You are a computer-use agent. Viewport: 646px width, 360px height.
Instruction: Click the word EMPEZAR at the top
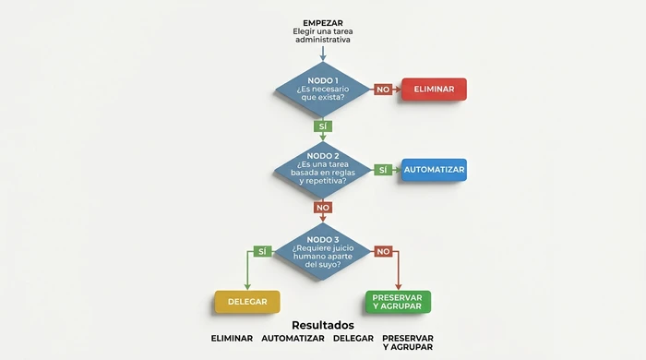pyautogui.click(x=322, y=23)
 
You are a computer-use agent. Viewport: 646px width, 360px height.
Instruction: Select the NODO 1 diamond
pyautogui.click(x=322, y=90)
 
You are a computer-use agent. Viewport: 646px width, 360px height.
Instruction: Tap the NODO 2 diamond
pyautogui.click(x=322, y=170)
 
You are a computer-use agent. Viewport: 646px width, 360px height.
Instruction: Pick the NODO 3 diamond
pyautogui.click(x=322, y=250)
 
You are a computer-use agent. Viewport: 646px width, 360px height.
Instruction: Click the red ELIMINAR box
pyautogui.click(x=434, y=89)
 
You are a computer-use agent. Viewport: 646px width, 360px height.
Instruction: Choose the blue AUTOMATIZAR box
pyautogui.click(x=434, y=170)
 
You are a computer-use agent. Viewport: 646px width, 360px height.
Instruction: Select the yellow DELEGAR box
pyautogui.click(x=247, y=302)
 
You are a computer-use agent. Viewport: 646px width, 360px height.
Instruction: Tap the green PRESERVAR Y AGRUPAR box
pyautogui.click(x=398, y=302)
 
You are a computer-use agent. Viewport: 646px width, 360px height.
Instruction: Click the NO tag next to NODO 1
pyautogui.click(x=382, y=90)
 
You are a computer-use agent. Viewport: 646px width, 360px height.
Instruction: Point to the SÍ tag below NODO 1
pyautogui.click(x=322, y=126)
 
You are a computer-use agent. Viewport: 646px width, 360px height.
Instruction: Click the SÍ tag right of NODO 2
pyautogui.click(x=382, y=170)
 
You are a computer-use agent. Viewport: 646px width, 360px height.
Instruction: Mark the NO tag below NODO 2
pyautogui.click(x=322, y=208)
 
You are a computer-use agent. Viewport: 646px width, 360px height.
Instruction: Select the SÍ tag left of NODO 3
pyautogui.click(x=262, y=251)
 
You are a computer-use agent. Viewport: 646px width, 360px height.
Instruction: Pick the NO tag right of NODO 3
pyautogui.click(x=382, y=251)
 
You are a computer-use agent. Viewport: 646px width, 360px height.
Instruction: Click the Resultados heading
pyautogui.click(x=322, y=325)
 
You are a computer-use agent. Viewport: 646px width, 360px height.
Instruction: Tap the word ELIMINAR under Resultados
pyautogui.click(x=232, y=339)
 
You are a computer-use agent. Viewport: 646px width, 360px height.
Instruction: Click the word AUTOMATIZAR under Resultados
pyautogui.click(x=293, y=339)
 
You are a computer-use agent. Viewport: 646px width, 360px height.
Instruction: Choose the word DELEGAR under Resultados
pyautogui.click(x=353, y=339)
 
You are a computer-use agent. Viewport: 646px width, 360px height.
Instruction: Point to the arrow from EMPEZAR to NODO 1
pyautogui.click(x=322, y=54)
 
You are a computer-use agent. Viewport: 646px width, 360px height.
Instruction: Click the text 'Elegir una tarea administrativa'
pyautogui.click(x=322, y=36)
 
